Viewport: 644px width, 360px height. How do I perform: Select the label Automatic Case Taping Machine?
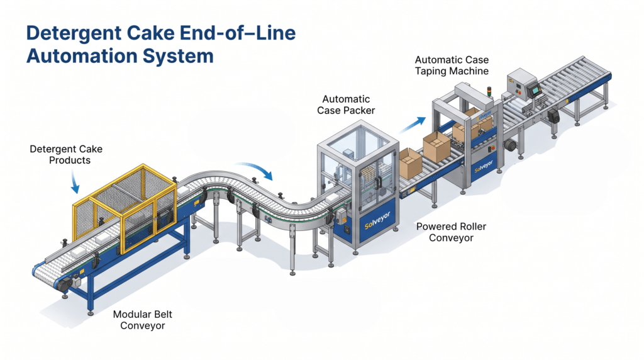(x=452, y=65)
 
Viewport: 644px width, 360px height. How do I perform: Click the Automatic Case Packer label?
(x=346, y=105)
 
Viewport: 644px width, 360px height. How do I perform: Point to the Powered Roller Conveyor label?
(x=451, y=232)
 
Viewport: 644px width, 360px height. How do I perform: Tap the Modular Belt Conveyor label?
(x=143, y=320)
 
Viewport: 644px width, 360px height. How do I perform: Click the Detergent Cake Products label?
(x=66, y=155)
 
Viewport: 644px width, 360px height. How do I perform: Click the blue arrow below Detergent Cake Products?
(x=74, y=182)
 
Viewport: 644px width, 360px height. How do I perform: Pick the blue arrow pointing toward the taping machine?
(x=412, y=125)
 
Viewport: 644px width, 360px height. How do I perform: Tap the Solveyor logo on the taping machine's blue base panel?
(x=484, y=167)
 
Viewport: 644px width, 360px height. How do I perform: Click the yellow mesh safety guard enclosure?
(x=125, y=208)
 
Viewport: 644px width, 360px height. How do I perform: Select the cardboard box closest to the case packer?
(x=410, y=164)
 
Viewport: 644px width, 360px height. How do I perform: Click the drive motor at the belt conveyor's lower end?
(x=65, y=284)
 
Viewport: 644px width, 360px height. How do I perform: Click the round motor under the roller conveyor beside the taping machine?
(x=511, y=145)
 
